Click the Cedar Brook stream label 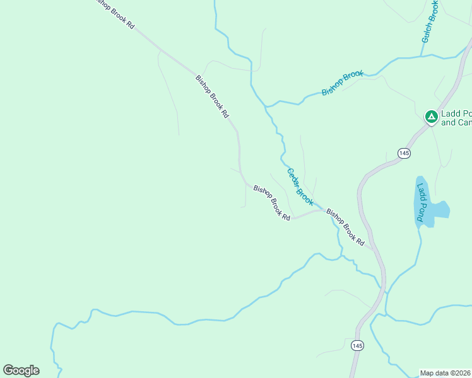[x=300, y=186]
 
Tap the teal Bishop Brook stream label [x=343, y=83]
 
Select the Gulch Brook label [x=430, y=21]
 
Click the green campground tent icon [x=431, y=117]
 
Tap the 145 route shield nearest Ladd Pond [x=404, y=153]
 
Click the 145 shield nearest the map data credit [x=358, y=345]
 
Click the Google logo [x=21, y=370]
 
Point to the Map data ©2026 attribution [x=445, y=373]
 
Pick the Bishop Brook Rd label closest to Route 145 [x=345, y=227]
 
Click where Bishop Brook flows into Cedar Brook [x=268, y=106]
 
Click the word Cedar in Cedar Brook [x=293, y=178]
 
